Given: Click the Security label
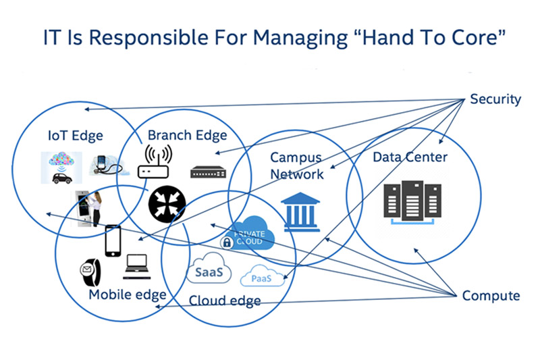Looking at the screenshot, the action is point(495,99).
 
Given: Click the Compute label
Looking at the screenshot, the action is point(491,296).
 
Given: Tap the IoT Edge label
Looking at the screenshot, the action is point(76,135).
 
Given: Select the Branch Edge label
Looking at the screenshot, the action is point(188,135).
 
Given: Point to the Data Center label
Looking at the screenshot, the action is point(410,157).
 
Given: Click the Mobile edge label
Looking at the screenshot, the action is point(128,295).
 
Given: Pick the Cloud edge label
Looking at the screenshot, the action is point(225,301).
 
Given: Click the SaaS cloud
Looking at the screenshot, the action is point(209,268).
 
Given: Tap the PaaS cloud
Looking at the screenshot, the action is point(263,276).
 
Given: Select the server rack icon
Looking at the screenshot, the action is point(412,203).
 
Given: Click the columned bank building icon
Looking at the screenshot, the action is point(300,211).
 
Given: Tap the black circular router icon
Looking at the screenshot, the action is point(167,204).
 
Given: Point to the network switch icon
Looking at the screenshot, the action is point(209,172).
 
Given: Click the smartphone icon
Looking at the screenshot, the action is point(113,241).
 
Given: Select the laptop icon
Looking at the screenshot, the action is point(137,267).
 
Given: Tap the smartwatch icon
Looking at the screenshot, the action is point(90,272).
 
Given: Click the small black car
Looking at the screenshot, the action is point(62,178).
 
